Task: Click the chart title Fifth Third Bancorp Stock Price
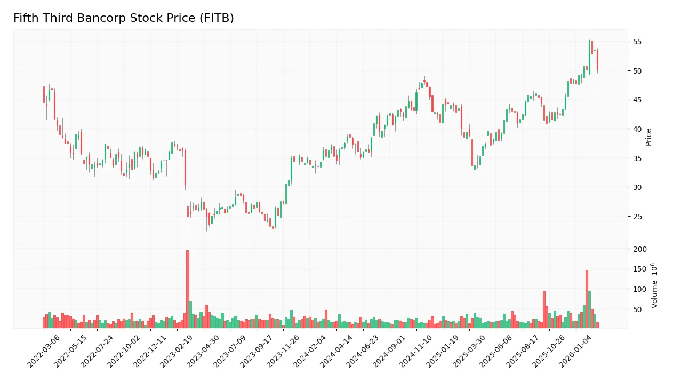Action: pos(123,18)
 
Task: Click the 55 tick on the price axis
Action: pos(637,42)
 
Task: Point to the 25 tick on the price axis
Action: pos(637,217)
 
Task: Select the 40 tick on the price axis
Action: pos(637,129)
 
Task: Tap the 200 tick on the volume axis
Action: pos(639,249)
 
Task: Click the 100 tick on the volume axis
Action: pos(639,289)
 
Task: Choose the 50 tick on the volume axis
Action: pos(637,309)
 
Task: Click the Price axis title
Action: pos(649,137)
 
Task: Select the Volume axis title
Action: pos(654,285)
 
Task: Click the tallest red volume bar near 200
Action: pos(188,289)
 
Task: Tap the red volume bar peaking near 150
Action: pos(587,299)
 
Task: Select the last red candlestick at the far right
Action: pos(597,60)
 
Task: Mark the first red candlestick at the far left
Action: pos(44,94)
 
